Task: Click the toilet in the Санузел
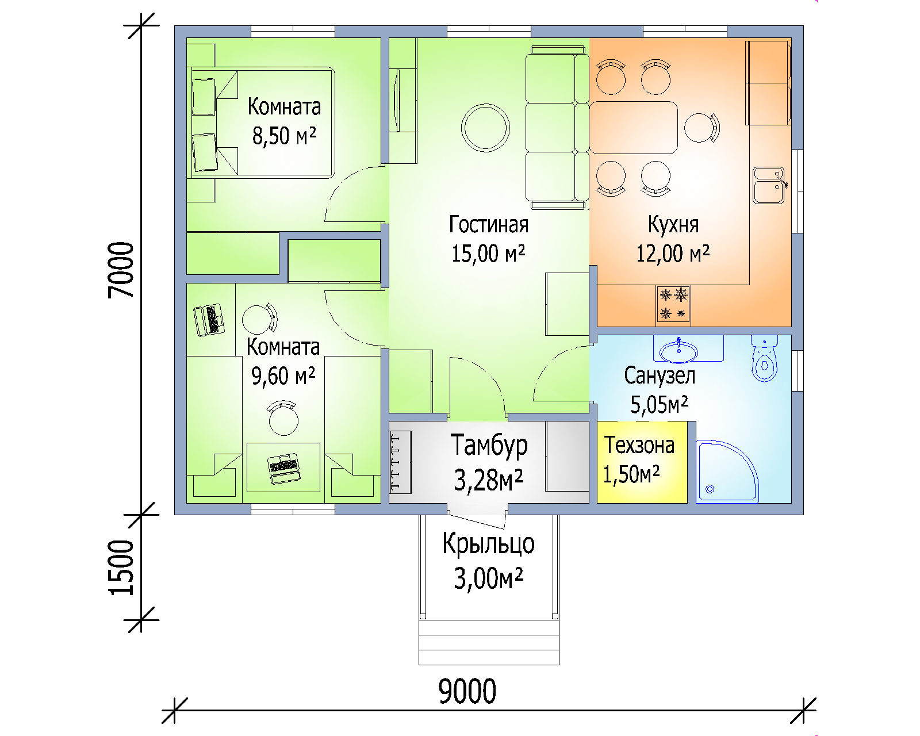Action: [x=764, y=358]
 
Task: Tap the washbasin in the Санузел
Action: [x=678, y=351]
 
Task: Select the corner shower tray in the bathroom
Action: [x=727, y=471]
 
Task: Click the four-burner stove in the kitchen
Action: [x=673, y=304]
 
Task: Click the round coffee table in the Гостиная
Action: [x=485, y=128]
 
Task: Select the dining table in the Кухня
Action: [x=633, y=128]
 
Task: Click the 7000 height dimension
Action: [x=121, y=270]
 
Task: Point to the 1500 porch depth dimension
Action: [x=121, y=568]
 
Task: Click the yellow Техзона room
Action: [x=642, y=462]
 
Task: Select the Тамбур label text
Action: [x=489, y=446]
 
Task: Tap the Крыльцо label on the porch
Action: [x=488, y=545]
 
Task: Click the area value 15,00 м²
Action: [x=488, y=254]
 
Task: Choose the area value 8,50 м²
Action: [x=284, y=136]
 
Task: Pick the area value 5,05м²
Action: [x=659, y=405]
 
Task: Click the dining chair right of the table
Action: [x=701, y=128]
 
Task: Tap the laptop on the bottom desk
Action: [x=283, y=468]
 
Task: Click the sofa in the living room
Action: [x=557, y=128]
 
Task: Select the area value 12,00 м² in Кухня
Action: [x=673, y=254]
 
